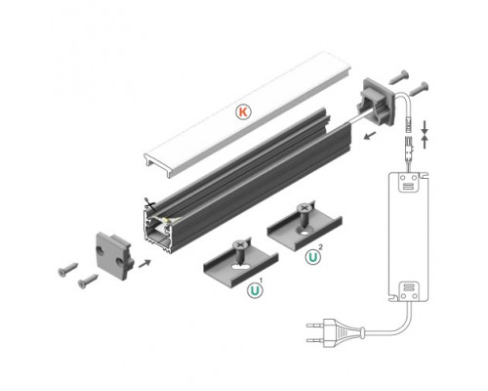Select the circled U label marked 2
click(x=312, y=257)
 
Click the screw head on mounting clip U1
click(x=239, y=248)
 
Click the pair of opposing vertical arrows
click(x=427, y=134)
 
